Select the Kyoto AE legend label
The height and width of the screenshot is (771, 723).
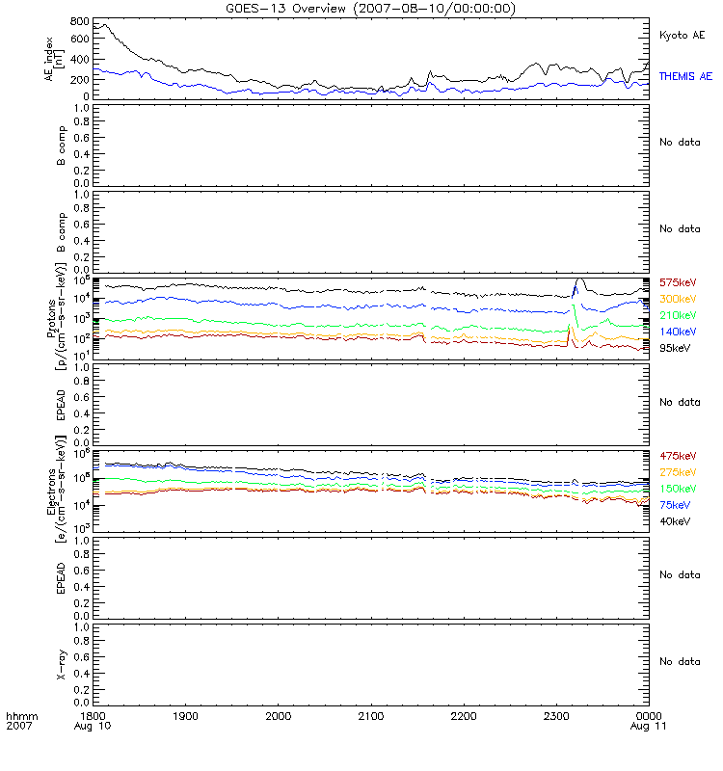tap(682, 35)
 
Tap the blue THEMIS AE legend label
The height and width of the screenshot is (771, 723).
tap(685, 75)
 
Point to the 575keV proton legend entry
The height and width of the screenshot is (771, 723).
tap(679, 282)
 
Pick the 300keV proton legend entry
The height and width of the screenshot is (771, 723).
tap(679, 299)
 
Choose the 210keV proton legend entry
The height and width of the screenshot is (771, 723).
tap(679, 315)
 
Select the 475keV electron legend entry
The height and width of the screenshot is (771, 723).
tap(679, 456)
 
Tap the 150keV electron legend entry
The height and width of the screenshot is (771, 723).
tap(679, 489)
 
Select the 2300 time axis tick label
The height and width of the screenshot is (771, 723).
tap(556, 718)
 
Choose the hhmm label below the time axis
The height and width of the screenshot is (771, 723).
tap(20, 718)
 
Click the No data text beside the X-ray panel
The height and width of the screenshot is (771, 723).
tap(680, 661)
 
